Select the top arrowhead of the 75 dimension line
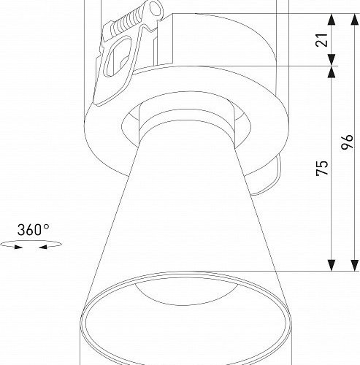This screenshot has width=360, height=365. (x=332, y=73)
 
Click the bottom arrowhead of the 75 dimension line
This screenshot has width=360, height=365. (x=332, y=264)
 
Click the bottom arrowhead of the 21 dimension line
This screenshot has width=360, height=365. (x=332, y=61)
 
